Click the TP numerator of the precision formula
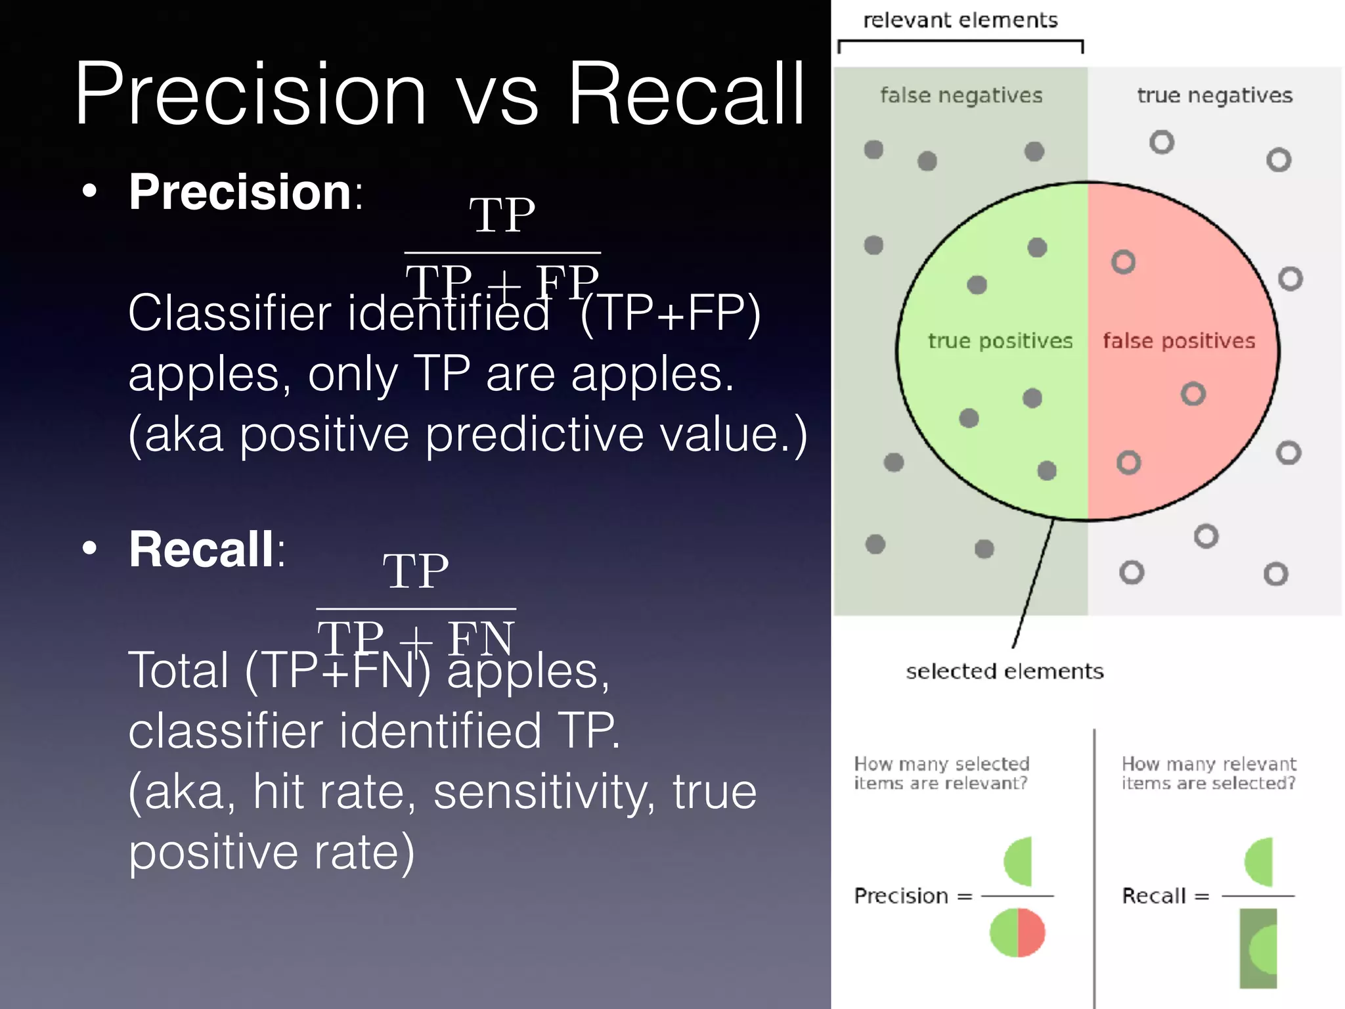pos(502,215)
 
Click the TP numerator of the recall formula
pos(416,572)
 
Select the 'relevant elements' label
pos(960,20)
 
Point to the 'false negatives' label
pos(961,96)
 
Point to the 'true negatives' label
pos(1214,96)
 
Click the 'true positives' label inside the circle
pos(1000,341)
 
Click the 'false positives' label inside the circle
pos(1179,341)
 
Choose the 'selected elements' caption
pos(1004,671)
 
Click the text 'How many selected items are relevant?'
pos(941,773)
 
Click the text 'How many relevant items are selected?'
pos(1208,773)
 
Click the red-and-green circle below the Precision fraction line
pos(1017,933)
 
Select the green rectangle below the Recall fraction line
pos(1258,949)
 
